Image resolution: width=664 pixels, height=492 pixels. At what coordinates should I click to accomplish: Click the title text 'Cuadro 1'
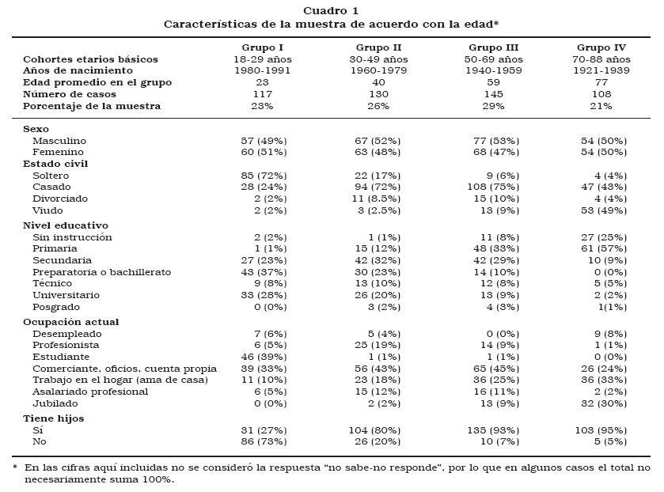pos(331,10)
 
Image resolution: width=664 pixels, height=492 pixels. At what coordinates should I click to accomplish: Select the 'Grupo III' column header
pos(493,47)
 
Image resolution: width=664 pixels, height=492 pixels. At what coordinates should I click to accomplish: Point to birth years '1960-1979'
pos(378,71)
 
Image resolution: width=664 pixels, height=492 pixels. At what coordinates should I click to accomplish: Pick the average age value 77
pos(601,82)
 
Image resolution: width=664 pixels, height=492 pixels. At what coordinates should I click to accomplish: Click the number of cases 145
pos(493,94)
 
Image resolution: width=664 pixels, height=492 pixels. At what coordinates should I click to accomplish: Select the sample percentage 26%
pos(378,106)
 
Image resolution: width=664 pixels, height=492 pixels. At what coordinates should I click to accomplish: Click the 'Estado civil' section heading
pos(55,164)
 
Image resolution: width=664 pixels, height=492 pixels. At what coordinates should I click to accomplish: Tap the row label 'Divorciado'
pos(60,199)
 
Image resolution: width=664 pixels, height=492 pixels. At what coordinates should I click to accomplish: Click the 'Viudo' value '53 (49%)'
pos(604,210)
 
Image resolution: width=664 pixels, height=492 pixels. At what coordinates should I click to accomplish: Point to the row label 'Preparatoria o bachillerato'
pos(101,271)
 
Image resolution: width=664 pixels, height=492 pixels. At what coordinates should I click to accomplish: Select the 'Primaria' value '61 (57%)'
pos(604,248)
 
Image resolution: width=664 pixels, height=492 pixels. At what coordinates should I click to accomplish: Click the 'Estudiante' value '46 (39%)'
pos(264,357)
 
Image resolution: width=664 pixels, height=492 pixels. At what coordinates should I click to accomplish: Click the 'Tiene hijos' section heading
pos(54,418)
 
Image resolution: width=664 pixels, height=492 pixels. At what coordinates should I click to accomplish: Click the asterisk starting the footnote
pos(15,468)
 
